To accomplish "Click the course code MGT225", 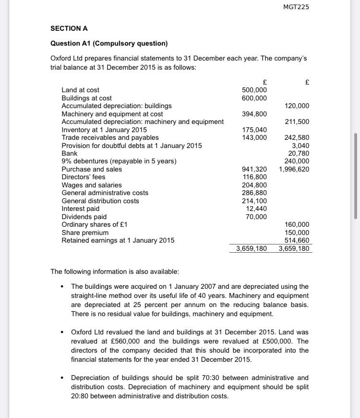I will pos(296,7).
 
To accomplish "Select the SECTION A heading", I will pos(69,28).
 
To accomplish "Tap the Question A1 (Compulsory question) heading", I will pos(109,43).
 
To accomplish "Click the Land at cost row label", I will pos(81,90).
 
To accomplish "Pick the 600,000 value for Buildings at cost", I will pos(254,98).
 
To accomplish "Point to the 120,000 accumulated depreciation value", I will pos(297,106).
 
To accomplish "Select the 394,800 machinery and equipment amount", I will pos(254,114).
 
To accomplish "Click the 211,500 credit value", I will pos(297,122).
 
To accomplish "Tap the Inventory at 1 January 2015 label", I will pos(104,130).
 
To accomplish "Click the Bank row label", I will pos(70,153).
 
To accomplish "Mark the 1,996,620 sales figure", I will pos(294,169).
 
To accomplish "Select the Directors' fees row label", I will pos(84,177).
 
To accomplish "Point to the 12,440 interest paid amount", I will pos(256,209).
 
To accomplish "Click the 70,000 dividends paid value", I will pos(256,217).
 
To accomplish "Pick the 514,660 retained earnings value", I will pos(297,240).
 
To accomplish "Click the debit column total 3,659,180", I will pos(252,249).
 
